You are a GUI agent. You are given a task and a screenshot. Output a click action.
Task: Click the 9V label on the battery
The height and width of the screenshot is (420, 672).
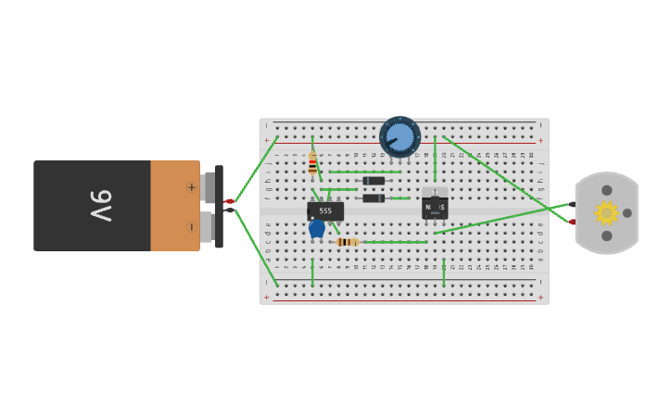pos(100,205)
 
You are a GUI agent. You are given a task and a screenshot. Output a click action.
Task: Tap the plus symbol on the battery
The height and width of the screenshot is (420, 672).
pos(192,187)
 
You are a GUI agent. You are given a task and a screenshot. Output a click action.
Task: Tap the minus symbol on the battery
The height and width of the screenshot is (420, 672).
pos(192,226)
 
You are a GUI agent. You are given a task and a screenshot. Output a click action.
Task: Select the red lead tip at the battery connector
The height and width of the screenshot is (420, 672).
pos(229,201)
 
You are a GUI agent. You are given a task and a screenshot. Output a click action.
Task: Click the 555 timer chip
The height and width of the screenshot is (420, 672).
pos(325,210)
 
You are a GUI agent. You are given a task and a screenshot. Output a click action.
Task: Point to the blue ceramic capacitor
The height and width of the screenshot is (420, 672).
pos(317,227)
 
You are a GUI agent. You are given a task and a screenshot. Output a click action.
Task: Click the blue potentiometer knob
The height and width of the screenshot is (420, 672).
pos(400,137)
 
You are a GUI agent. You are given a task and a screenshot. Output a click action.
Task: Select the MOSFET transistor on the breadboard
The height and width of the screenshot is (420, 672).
pos(435,206)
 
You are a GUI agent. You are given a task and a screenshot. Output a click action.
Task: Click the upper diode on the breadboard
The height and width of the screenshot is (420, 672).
pos(374,181)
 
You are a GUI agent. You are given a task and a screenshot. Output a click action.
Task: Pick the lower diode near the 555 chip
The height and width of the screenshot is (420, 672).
pos(374,197)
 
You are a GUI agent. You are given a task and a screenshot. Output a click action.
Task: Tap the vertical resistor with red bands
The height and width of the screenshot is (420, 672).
pos(312,164)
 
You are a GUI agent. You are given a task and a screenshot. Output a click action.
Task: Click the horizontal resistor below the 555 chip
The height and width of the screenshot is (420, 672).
pos(348,242)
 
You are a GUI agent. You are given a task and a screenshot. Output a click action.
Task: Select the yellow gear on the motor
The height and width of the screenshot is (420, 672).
pos(606,213)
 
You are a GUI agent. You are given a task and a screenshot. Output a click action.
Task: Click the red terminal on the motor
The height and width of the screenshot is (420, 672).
pos(573,222)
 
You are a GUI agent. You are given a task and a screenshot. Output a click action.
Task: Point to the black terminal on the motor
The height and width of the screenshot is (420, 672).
pos(573,204)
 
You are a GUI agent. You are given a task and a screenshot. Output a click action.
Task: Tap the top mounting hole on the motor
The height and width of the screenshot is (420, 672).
pos(606,190)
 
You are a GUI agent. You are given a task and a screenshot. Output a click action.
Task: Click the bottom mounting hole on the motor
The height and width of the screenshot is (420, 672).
pos(606,235)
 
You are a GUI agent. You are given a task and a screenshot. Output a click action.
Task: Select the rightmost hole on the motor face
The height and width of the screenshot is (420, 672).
pos(628,213)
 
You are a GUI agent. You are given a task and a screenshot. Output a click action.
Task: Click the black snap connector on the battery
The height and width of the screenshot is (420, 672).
pos(219,207)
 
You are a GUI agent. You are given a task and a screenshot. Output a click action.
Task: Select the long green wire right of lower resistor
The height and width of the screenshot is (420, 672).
pos(394,242)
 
